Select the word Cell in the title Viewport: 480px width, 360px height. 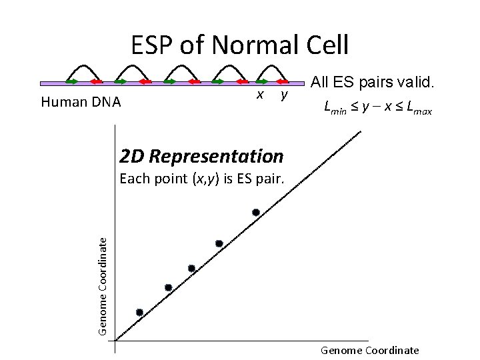pos(324,45)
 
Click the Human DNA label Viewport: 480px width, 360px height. pos(81,103)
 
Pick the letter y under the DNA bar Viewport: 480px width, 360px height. pos(283,95)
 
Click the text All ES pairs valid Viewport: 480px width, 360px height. pos(373,83)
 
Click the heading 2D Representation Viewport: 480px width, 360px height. pos(201,157)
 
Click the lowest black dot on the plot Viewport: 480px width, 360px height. pos(139,312)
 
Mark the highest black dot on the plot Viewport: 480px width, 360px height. pos(255,213)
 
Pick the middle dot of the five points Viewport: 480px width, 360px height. pos(191,268)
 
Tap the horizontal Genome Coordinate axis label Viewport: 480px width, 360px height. pos(370,350)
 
